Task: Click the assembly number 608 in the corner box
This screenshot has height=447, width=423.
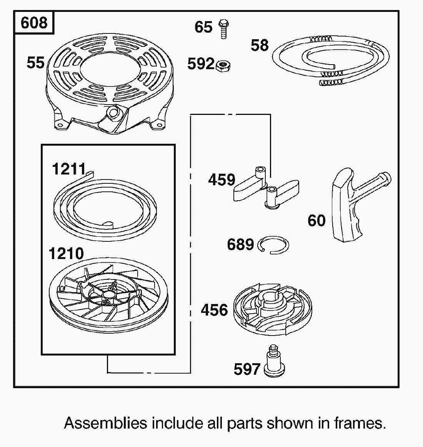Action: (x=34, y=23)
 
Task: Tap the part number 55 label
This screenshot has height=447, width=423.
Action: (x=35, y=63)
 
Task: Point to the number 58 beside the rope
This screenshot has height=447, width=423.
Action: (x=260, y=45)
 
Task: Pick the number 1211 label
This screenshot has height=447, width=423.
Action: (x=68, y=169)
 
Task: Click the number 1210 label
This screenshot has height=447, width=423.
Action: (x=66, y=254)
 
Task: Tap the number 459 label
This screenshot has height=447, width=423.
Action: (x=221, y=180)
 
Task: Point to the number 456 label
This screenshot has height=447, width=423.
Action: (x=214, y=310)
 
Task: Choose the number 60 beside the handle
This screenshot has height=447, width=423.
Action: (x=316, y=221)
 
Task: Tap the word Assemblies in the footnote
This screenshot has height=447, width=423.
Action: (x=105, y=423)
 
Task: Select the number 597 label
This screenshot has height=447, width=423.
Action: (x=247, y=369)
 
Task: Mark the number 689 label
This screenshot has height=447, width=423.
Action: (x=240, y=244)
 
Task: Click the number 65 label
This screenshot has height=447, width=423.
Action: (x=203, y=27)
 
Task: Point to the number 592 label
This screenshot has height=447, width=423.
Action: (x=201, y=64)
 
